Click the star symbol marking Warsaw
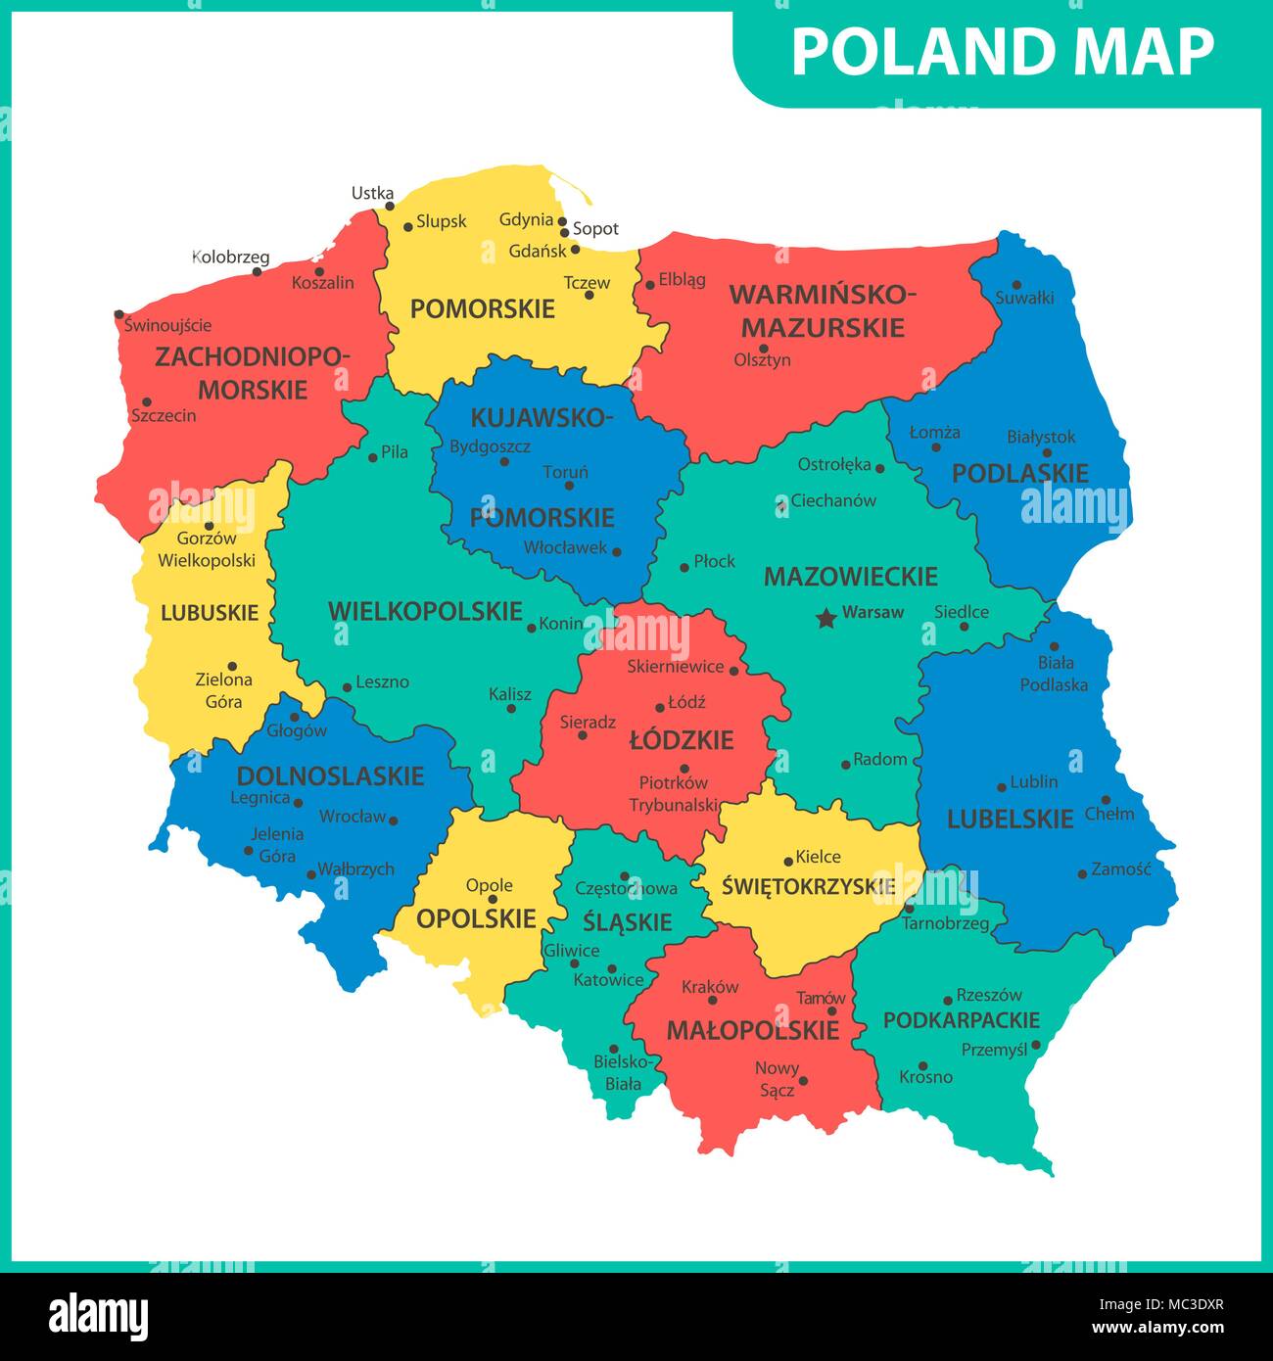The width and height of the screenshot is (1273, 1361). [x=826, y=618]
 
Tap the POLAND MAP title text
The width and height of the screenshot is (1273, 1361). [x=1002, y=52]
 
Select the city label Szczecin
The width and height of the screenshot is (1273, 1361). [x=164, y=416]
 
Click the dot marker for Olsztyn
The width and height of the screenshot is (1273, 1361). [x=764, y=348]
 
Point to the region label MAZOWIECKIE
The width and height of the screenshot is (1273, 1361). [x=850, y=576]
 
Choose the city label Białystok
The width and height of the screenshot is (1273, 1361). [x=1041, y=438]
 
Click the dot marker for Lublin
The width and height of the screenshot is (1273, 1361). [x=1002, y=787]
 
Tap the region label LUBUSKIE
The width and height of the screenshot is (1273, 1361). [x=210, y=613]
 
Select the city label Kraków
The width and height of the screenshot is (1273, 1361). [x=710, y=987]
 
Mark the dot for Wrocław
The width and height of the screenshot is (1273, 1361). [x=394, y=820]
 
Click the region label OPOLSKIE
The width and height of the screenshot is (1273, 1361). [x=476, y=918]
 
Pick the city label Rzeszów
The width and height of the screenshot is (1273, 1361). [x=989, y=995]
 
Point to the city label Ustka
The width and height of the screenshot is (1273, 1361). [x=372, y=193]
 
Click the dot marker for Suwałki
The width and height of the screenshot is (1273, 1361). [x=1016, y=284]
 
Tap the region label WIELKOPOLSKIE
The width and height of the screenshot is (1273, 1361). [x=425, y=612]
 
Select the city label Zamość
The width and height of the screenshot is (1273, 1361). [x=1121, y=868]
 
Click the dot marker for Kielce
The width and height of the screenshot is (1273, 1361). [x=788, y=862]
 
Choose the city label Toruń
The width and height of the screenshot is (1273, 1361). [x=565, y=473]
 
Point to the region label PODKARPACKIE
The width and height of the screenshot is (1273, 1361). [x=961, y=1020]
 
